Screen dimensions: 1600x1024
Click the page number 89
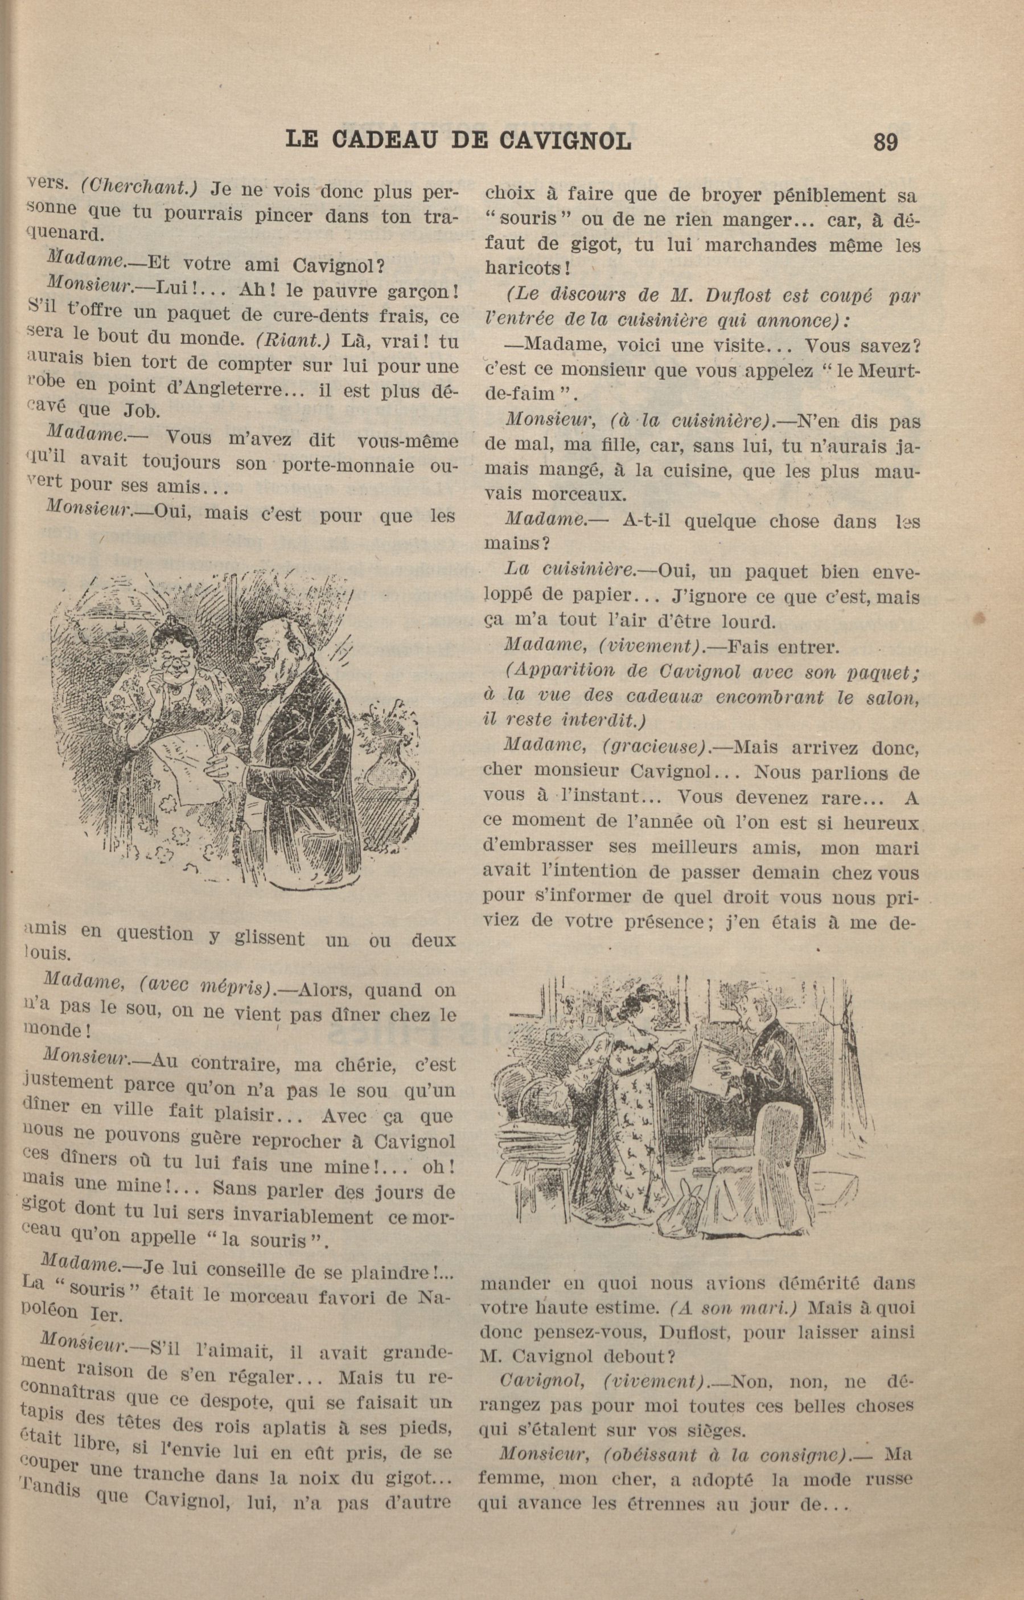pos(885,142)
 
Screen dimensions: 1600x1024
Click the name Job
pos(142,411)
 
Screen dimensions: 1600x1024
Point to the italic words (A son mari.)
pos(735,1307)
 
